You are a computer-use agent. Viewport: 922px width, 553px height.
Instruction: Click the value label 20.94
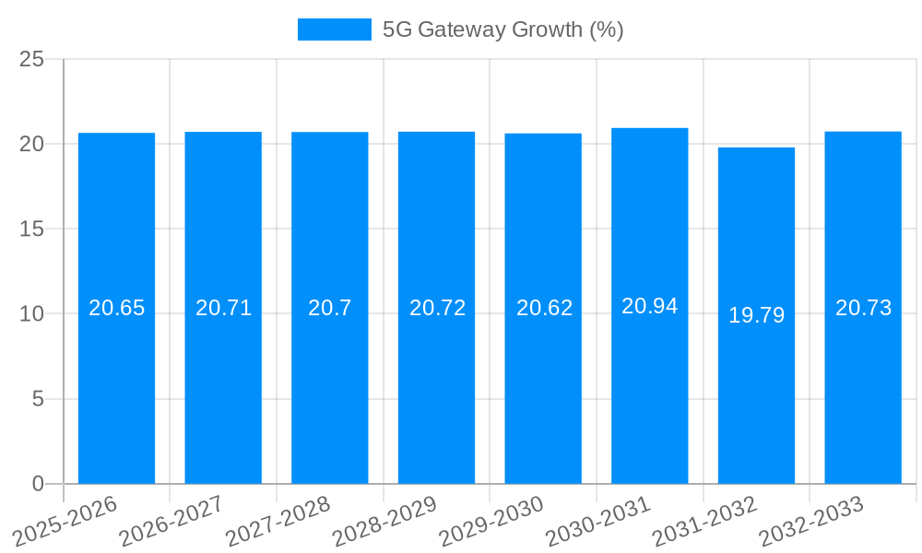(x=649, y=306)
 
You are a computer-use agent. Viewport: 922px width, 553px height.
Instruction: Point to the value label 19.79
(x=756, y=315)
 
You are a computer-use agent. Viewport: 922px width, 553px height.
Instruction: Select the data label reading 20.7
(x=329, y=308)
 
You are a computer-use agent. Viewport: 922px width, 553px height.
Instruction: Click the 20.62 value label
(x=544, y=308)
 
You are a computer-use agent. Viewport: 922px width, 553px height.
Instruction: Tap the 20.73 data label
(x=863, y=308)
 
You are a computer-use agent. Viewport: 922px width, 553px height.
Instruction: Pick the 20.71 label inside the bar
(x=223, y=308)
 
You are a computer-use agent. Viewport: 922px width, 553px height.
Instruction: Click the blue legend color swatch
(x=334, y=29)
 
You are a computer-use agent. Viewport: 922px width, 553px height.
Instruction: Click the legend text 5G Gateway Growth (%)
(x=502, y=29)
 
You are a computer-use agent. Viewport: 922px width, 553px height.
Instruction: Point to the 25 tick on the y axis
(x=31, y=59)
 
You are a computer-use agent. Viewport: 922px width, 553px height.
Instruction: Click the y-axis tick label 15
(x=31, y=229)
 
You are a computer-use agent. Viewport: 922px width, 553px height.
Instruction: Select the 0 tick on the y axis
(x=38, y=484)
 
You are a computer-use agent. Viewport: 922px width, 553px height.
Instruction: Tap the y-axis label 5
(x=38, y=399)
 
